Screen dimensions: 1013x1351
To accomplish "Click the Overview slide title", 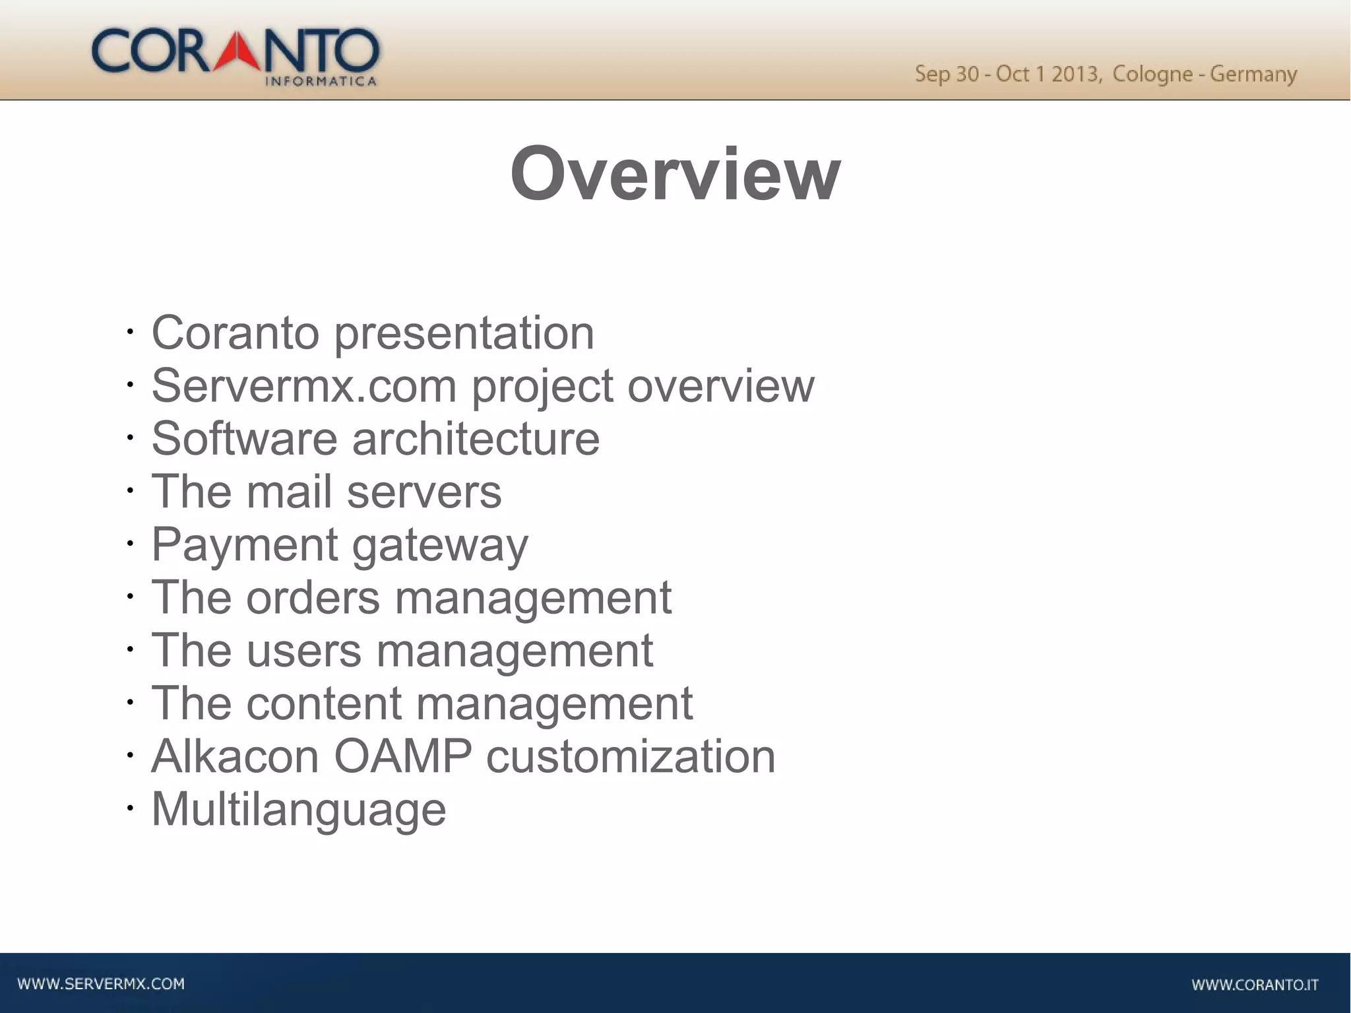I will click(675, 174).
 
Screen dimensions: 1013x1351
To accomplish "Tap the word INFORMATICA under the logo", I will click(321, 82).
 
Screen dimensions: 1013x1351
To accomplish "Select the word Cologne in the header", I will click(1152, 74).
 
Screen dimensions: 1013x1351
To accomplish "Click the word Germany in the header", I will click(1253, 75).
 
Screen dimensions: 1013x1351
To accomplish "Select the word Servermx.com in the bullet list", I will click(304, 385).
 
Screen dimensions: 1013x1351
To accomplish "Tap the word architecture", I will click(476, 438).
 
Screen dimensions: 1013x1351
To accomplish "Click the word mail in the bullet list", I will click(289, 492).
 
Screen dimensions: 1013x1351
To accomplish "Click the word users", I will click(304, 651).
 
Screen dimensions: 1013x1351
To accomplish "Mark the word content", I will click(324, 703).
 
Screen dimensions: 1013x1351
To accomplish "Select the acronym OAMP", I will click(403, 756).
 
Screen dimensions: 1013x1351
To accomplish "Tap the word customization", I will click(631, 756).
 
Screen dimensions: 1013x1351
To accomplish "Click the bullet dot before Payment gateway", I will click(130, 544).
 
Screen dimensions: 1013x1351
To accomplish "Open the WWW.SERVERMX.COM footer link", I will click(101, 984).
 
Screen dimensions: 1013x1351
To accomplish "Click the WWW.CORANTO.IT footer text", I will click(1255, 985).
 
